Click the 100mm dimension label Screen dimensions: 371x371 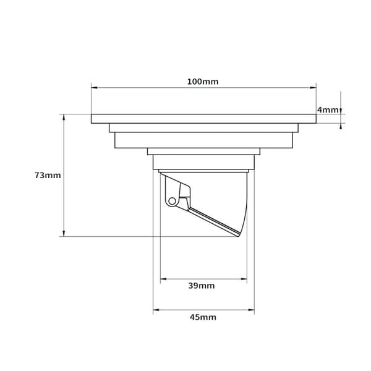203,82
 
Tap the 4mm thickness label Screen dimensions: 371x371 328,110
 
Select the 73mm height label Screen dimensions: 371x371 48,176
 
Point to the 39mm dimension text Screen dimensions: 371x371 202,286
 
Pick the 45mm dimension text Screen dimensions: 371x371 203,317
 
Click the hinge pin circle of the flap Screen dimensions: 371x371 173,202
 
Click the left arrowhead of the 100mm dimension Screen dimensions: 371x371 94,88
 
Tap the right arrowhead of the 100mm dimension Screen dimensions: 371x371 313,88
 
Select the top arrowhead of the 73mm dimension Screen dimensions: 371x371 64,117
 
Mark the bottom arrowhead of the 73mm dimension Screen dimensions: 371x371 64,233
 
